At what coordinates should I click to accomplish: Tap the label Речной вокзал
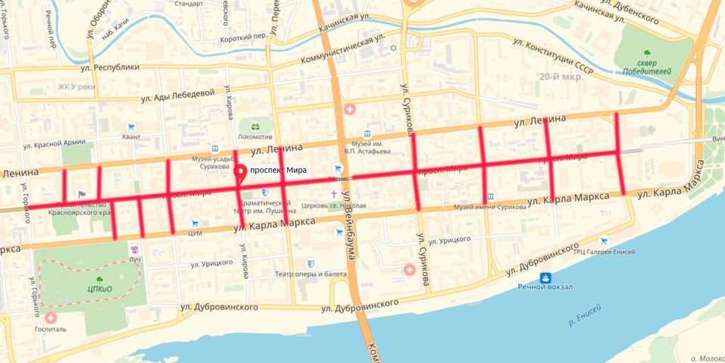pos(545,287)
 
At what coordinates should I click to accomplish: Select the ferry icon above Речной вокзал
pos(545,277)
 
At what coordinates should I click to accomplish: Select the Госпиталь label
pos(51,330)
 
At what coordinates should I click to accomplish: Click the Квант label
pos(131,137)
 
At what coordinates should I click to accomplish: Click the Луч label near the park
pos(135,259)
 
